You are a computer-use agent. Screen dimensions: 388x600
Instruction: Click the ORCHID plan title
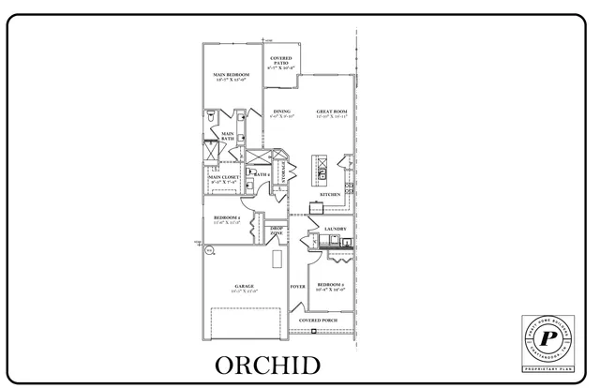tap(267, 364)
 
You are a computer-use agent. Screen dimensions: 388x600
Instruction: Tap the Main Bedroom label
tap(231, 77)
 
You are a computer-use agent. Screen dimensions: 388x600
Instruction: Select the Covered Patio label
tap(280, 64)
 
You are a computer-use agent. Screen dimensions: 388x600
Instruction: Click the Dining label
tap(281, 113)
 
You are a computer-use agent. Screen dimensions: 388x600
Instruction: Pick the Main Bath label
tap(228, 137)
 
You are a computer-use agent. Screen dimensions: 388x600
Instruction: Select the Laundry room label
tap(336, 229)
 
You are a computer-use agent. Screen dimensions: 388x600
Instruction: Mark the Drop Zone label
tap(277, 230)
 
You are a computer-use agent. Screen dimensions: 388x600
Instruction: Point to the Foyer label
tap(298, 286)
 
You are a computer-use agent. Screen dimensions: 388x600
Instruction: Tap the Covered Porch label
tap(319, 321)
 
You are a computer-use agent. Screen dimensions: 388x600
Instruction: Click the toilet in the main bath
tap(213, 117)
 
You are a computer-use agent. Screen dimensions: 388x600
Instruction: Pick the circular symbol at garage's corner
tap(209, 249)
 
